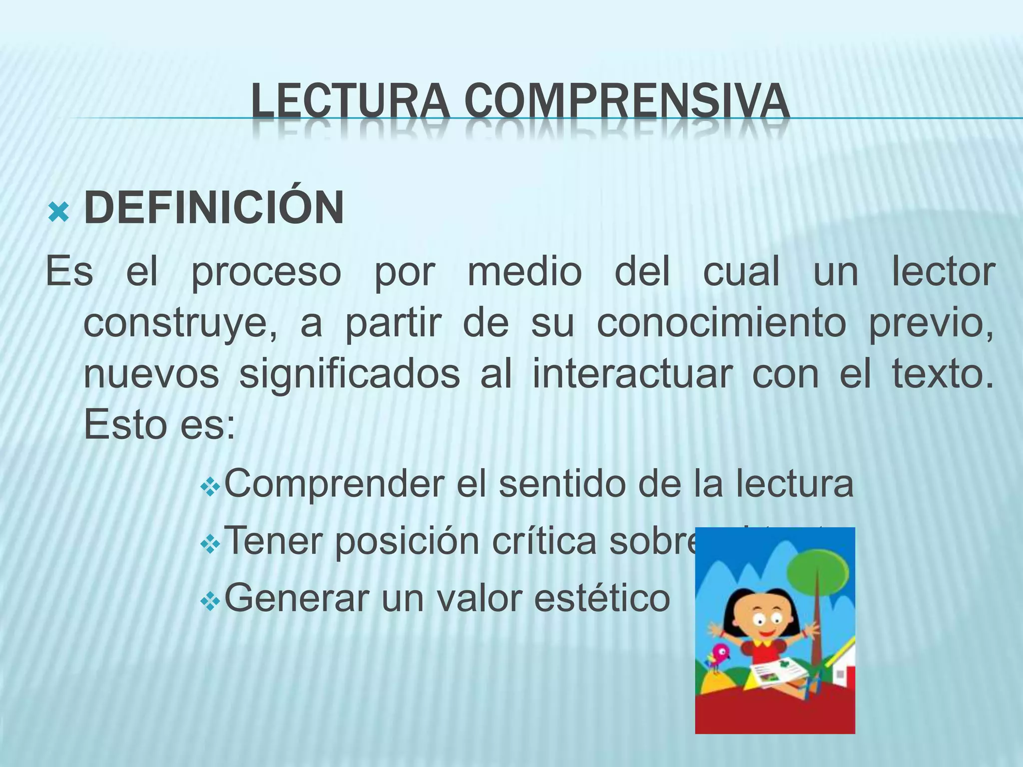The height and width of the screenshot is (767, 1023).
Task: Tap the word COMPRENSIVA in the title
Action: pos(626,102)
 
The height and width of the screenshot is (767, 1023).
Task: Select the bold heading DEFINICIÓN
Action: pos(214,208)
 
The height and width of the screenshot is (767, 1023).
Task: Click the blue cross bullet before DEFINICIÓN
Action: pos(58,213)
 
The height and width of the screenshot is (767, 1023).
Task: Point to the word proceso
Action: pos(266,273)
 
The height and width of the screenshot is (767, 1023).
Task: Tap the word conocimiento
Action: pos(721,324)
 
